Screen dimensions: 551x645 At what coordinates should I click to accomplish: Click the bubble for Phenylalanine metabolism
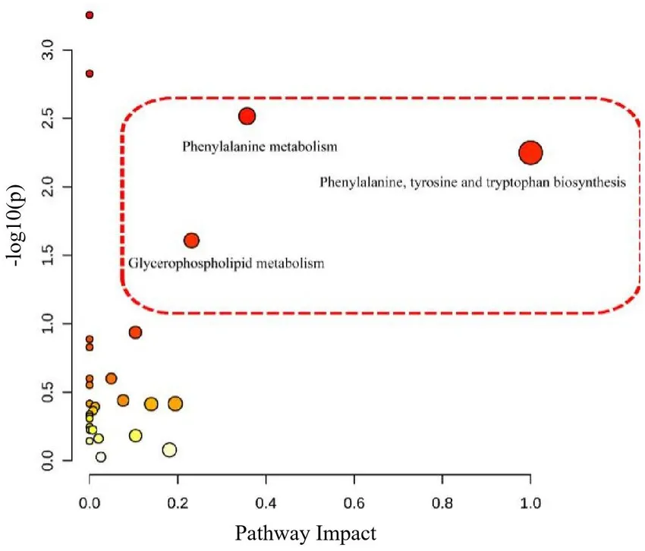click(x=247, y=116)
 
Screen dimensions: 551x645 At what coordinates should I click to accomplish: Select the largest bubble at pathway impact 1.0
click(x=530, y=153)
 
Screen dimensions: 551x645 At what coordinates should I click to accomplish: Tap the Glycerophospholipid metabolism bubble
click(x=191, y=241)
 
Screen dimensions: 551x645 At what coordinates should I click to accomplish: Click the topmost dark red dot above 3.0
click(x=90, y=15)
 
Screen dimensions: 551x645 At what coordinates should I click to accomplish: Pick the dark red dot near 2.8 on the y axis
click(x=90, y=74)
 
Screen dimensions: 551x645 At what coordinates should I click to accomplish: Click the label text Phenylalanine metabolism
click(x=260, y=146)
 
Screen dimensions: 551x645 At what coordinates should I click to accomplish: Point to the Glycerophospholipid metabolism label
click(x=226, y=264)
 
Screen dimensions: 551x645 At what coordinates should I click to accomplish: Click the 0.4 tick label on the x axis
click(x=266, y=502)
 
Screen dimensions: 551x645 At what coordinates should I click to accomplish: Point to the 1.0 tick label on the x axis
click(x=530, y=502)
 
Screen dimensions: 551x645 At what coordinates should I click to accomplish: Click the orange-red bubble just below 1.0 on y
click(x=135, y=332)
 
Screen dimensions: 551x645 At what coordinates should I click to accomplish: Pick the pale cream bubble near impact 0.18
click(x=169, y=449)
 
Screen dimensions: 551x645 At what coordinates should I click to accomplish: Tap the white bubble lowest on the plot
click(x=100, y=457)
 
